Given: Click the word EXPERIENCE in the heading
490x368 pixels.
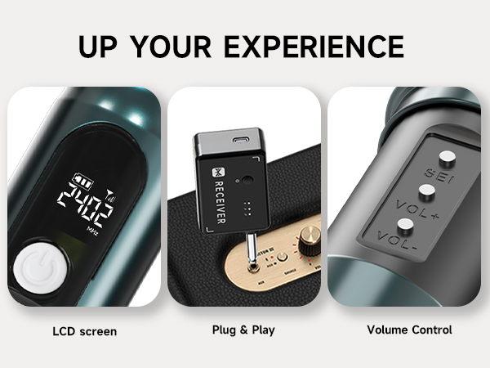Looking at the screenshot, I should tap(315, 46).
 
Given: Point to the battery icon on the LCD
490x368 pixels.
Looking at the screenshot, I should tap(82, 177).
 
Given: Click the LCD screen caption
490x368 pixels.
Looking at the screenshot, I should tap(84, 331).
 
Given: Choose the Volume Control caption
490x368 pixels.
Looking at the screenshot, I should tap(409, 331).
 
